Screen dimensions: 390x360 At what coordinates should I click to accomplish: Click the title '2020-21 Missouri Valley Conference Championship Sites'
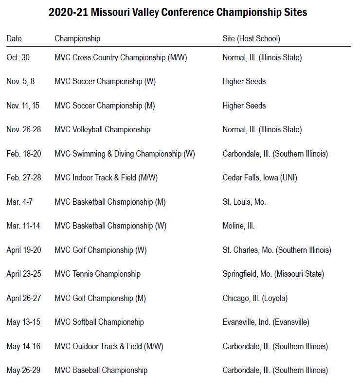tap(178, 13)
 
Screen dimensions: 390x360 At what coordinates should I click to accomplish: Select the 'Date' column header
tap(14, 38)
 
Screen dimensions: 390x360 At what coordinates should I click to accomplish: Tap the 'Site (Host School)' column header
tap(251, 38)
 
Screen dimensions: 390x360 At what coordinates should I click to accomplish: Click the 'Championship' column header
tap(77, 38)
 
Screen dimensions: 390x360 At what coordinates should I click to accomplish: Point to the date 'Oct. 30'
tap(18, 57)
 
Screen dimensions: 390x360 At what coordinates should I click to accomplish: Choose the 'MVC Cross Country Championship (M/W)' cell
tap(121, 57)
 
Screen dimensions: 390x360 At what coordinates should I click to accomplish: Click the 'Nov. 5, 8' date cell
tap(20, 81)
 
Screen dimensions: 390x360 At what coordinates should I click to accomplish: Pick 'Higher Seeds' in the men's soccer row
tap(244, 106)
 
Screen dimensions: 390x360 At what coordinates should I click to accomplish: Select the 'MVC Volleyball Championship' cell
tap(102, 129)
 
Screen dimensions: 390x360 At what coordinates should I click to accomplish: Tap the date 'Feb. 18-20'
tap(24, 154)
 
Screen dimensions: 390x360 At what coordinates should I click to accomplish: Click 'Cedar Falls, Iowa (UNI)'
tap(260, 177)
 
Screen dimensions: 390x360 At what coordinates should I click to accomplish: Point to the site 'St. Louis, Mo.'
tap(244, 202)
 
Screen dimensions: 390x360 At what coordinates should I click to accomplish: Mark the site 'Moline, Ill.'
tap(239, 226)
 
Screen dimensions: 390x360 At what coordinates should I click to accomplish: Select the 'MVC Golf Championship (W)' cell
tap(101, 250)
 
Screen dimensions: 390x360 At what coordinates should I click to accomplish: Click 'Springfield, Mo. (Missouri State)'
tap(273, 274)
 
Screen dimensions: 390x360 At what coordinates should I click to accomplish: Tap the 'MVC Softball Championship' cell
tap(99, 322)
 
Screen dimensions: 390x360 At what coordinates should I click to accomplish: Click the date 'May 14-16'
tap(23, 346)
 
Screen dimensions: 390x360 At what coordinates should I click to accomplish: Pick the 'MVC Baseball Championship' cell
tap(101, 370)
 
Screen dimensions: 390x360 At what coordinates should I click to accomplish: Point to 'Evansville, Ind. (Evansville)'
tap(266, 322)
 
